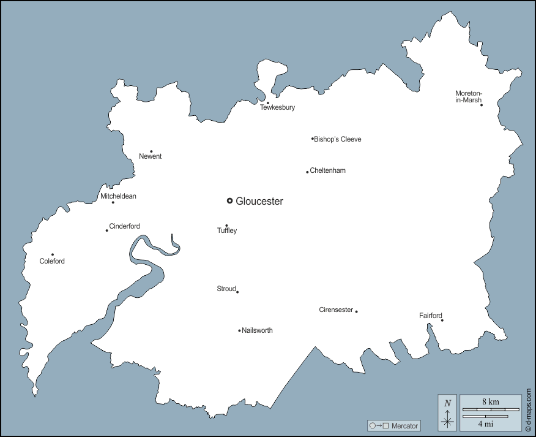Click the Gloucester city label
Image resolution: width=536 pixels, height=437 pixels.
[259, 201]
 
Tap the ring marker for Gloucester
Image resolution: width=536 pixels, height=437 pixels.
[229, 200]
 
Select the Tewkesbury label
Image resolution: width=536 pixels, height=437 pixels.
[277, 108]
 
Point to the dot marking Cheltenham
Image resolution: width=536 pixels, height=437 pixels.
[307, 172]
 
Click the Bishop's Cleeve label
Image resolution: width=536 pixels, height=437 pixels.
[338, 139]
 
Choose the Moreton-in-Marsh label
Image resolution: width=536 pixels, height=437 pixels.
[468, 97]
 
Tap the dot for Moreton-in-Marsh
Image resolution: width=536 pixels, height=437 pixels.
[482, 105]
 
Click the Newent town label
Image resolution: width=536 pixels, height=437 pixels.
[151, 157]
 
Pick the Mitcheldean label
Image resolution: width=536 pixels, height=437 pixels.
[119, 196]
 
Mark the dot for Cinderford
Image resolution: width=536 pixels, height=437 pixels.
[106, 230]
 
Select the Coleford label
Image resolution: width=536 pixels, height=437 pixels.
[52, 262]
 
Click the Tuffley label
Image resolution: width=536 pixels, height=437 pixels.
[227, 231]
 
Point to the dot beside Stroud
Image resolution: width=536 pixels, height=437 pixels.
[237, 292]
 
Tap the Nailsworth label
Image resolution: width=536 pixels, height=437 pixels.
[258, 330]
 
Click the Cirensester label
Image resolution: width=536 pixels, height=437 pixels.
[336, 310]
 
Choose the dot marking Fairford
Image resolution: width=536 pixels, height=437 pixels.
[442, 320]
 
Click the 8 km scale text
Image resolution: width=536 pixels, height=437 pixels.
[490, 402]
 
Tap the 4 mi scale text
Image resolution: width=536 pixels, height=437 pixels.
[486, 424]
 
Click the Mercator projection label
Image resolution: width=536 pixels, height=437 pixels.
[404, 425]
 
